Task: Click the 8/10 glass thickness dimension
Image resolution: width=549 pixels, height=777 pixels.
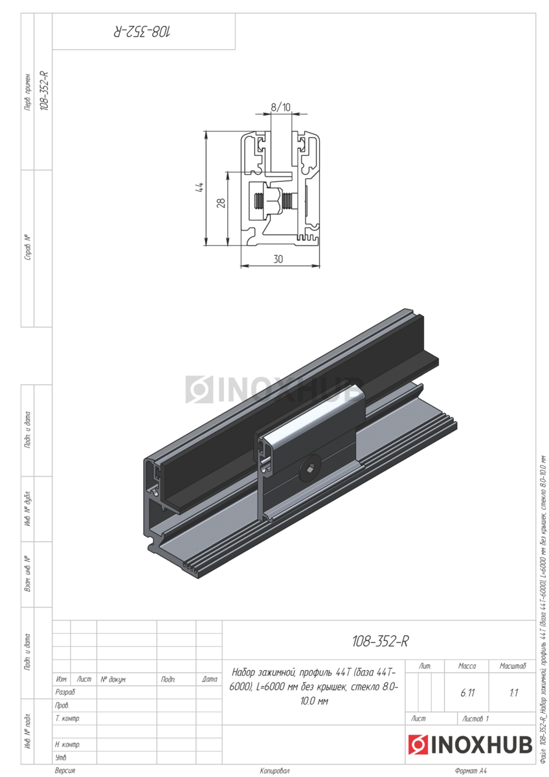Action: tap(280, 107)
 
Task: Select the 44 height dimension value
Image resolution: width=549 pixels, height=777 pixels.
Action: tap(200, 187)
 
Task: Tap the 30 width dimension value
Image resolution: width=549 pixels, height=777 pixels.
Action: tap(278, 259)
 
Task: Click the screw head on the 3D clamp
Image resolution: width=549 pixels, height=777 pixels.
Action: tap(309, 470)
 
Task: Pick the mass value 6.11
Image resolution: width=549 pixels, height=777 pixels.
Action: tap(467, 693)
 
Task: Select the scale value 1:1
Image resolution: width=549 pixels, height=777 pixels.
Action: tap(513, 693)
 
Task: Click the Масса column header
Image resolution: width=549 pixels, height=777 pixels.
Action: tap(467, 666)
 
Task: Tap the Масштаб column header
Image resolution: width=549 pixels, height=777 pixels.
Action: tap(513, 666)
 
